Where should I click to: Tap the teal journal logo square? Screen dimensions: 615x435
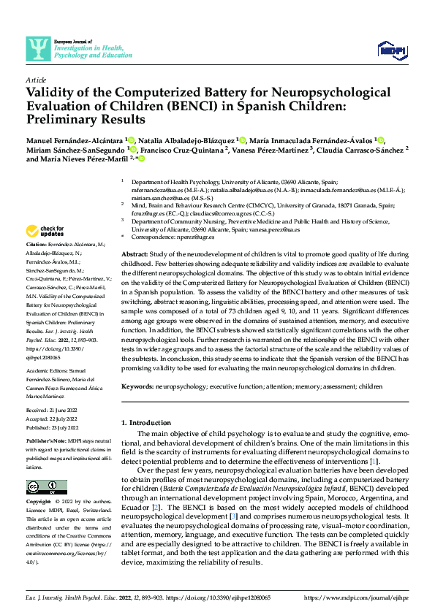[x=37, y=48]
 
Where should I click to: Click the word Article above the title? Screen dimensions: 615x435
[x=35, y=80]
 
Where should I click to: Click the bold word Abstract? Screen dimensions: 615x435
[x=135, y=252]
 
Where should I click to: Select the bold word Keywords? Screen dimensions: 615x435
[x=138, y=385]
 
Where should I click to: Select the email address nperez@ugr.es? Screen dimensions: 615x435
[x=197, y=237]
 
